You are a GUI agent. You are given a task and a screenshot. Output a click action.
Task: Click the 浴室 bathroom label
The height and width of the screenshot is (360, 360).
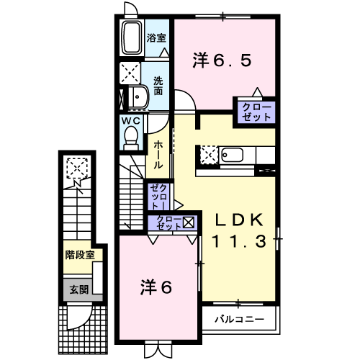pyautogui.click(x=156, y=38)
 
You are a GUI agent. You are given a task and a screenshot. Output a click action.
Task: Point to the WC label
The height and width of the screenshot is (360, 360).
pyautogui.click(x=130, y=120)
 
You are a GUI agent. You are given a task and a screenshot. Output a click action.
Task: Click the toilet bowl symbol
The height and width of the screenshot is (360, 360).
pyautogui.click(x=130, y=135)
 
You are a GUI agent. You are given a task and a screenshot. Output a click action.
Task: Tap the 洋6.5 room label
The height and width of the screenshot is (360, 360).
pyautogui.click(x=222, y=61)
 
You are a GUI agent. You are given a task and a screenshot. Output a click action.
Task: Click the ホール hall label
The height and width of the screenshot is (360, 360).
pyautogui.click(x=158, y=155)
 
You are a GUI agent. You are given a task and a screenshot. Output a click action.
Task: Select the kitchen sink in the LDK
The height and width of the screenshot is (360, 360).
pyautogui.click(x=233, y=155)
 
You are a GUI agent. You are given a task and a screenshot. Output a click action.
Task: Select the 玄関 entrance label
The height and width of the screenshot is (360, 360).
pyautogui.click(x=78, y=290)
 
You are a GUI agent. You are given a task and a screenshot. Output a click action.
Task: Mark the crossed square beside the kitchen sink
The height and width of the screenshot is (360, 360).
pyautogui.click(x=208, y=154)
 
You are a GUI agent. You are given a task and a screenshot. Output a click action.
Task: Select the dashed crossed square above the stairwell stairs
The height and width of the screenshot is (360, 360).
pyautogui.click(x=76, y=168)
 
